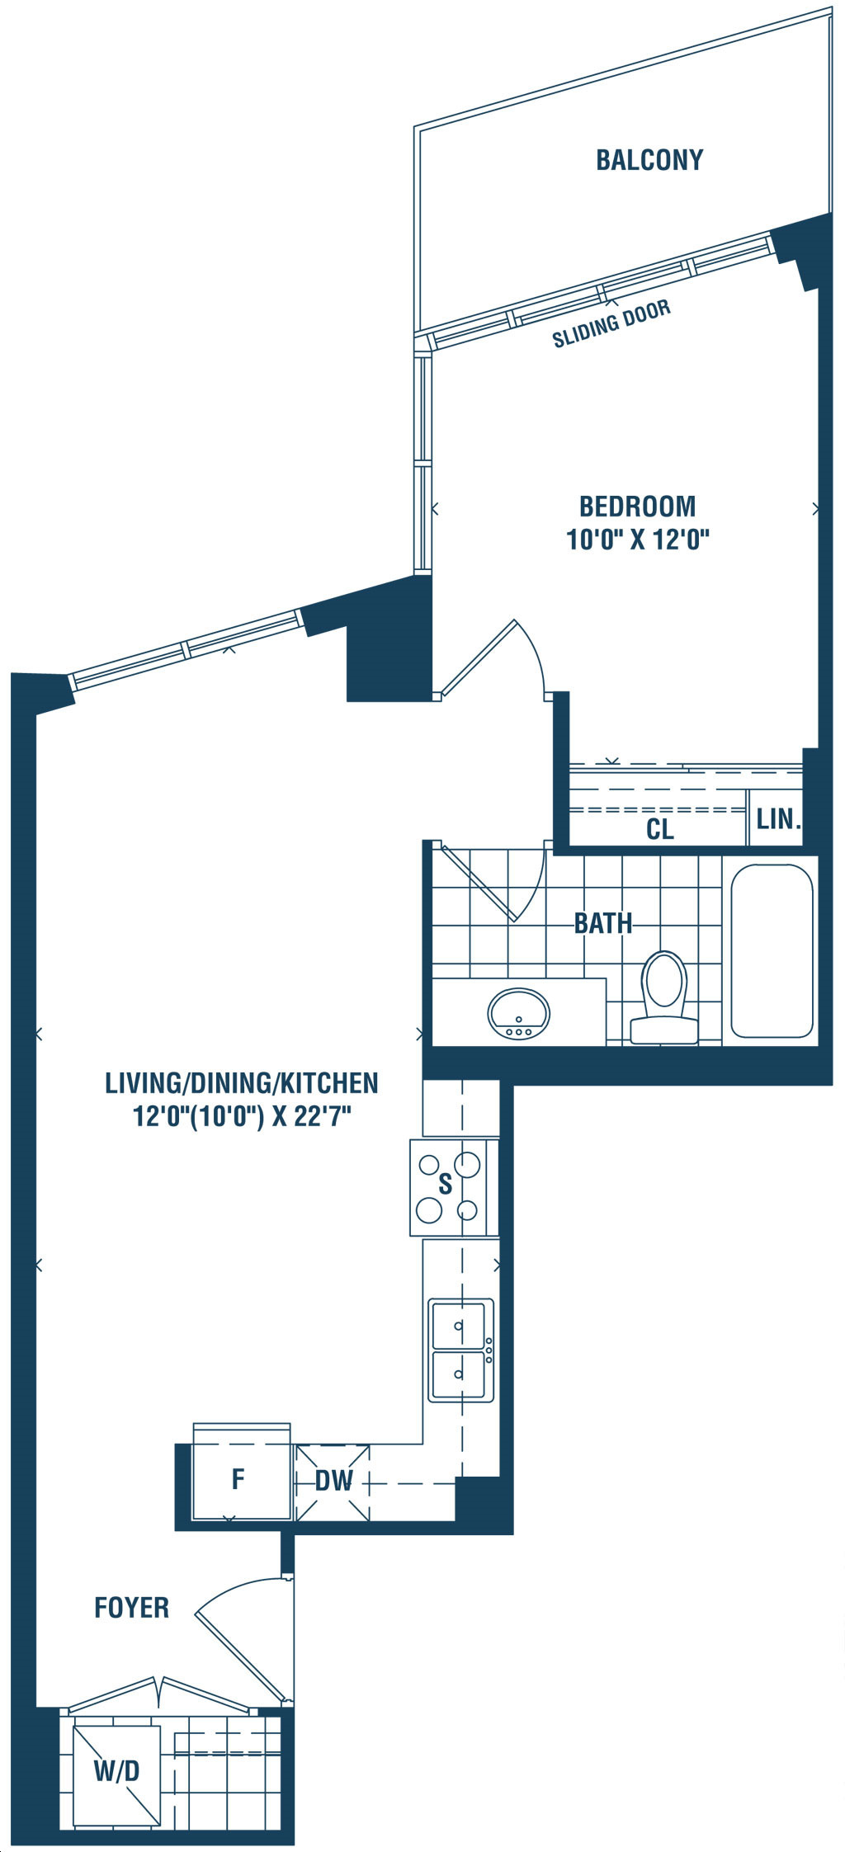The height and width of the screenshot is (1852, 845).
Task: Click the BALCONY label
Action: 649,159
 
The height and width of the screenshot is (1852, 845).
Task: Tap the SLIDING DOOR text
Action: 611,324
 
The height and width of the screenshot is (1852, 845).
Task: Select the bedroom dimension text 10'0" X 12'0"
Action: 638,540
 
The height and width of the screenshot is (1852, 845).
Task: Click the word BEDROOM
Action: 637,506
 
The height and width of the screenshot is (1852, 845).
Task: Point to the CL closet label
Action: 660,829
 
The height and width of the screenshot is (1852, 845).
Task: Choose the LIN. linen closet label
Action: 778,819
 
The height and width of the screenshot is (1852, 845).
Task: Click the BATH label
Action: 603,923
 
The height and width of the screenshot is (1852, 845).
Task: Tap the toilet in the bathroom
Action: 664,998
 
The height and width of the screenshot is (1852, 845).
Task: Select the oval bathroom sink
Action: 519,1014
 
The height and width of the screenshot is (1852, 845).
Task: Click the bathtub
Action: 772,950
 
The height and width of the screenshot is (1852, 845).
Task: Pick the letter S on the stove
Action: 446,1185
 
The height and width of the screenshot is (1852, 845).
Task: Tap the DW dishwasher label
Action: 334,1480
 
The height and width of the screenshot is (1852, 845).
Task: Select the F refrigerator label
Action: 238,1479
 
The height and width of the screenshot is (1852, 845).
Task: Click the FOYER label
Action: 132,1607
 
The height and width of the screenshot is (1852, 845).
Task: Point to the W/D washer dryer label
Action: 116,1770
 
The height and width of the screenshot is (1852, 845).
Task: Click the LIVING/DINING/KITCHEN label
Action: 242,1082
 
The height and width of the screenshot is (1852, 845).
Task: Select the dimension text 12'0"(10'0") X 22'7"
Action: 243,1116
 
